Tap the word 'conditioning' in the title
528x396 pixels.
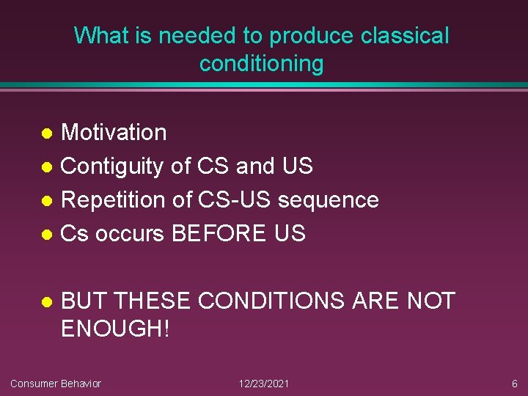click(x=261, y=64)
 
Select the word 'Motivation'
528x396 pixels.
click(x=114, y=133)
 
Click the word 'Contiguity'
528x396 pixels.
click(x=112, y=166)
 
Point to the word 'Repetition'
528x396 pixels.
click(x=114, y=199)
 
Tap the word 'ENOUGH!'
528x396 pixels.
click(x=115, y=329)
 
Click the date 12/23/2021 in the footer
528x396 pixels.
click(x=264, y=384)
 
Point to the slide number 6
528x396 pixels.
click(x=515, y=384)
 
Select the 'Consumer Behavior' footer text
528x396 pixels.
click(x=56, y=384)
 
